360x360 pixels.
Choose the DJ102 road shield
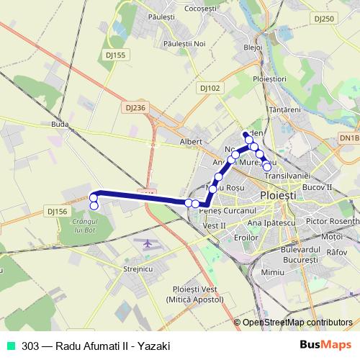210,87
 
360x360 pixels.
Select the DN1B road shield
348,137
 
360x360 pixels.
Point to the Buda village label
60,124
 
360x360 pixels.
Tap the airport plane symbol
148,243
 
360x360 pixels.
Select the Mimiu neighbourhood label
273,274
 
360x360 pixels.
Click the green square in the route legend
11,346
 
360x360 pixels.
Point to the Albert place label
191,142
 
